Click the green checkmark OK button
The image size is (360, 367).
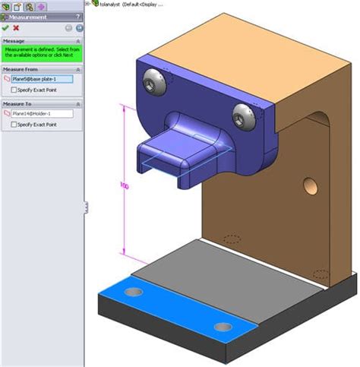[x=5, y=27]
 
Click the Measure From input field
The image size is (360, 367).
[x=42, y=78]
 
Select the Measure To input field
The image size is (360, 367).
[x=42, y=113]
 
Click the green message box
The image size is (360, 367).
[x=42, y=52]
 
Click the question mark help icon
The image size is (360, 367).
[x=79, y=16]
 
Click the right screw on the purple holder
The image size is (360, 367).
[x=242, y=115]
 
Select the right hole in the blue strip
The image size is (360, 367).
[x=223, y=327]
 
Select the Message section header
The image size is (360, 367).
[x=14, y=40]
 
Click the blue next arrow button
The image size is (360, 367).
[x=79, y=27]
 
